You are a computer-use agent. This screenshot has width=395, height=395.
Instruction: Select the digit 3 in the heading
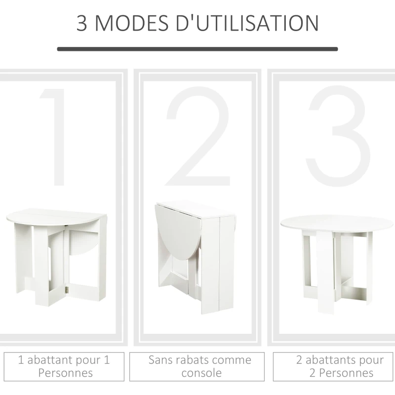(x=82, y=23)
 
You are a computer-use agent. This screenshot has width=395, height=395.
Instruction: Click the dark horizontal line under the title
(x=197, y=49)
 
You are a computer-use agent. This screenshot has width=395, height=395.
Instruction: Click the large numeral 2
(x=197, y=137)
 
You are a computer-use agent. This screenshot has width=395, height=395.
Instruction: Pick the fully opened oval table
(x=337, y=259)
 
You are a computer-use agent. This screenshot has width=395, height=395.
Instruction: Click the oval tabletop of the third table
(x=337, y=223)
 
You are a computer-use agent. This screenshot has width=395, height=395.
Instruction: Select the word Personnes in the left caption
(x=65, y=373)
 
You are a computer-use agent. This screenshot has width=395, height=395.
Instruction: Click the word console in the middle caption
(x=201, y=373)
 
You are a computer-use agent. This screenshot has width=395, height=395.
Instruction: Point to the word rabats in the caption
(x=193, y=360)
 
